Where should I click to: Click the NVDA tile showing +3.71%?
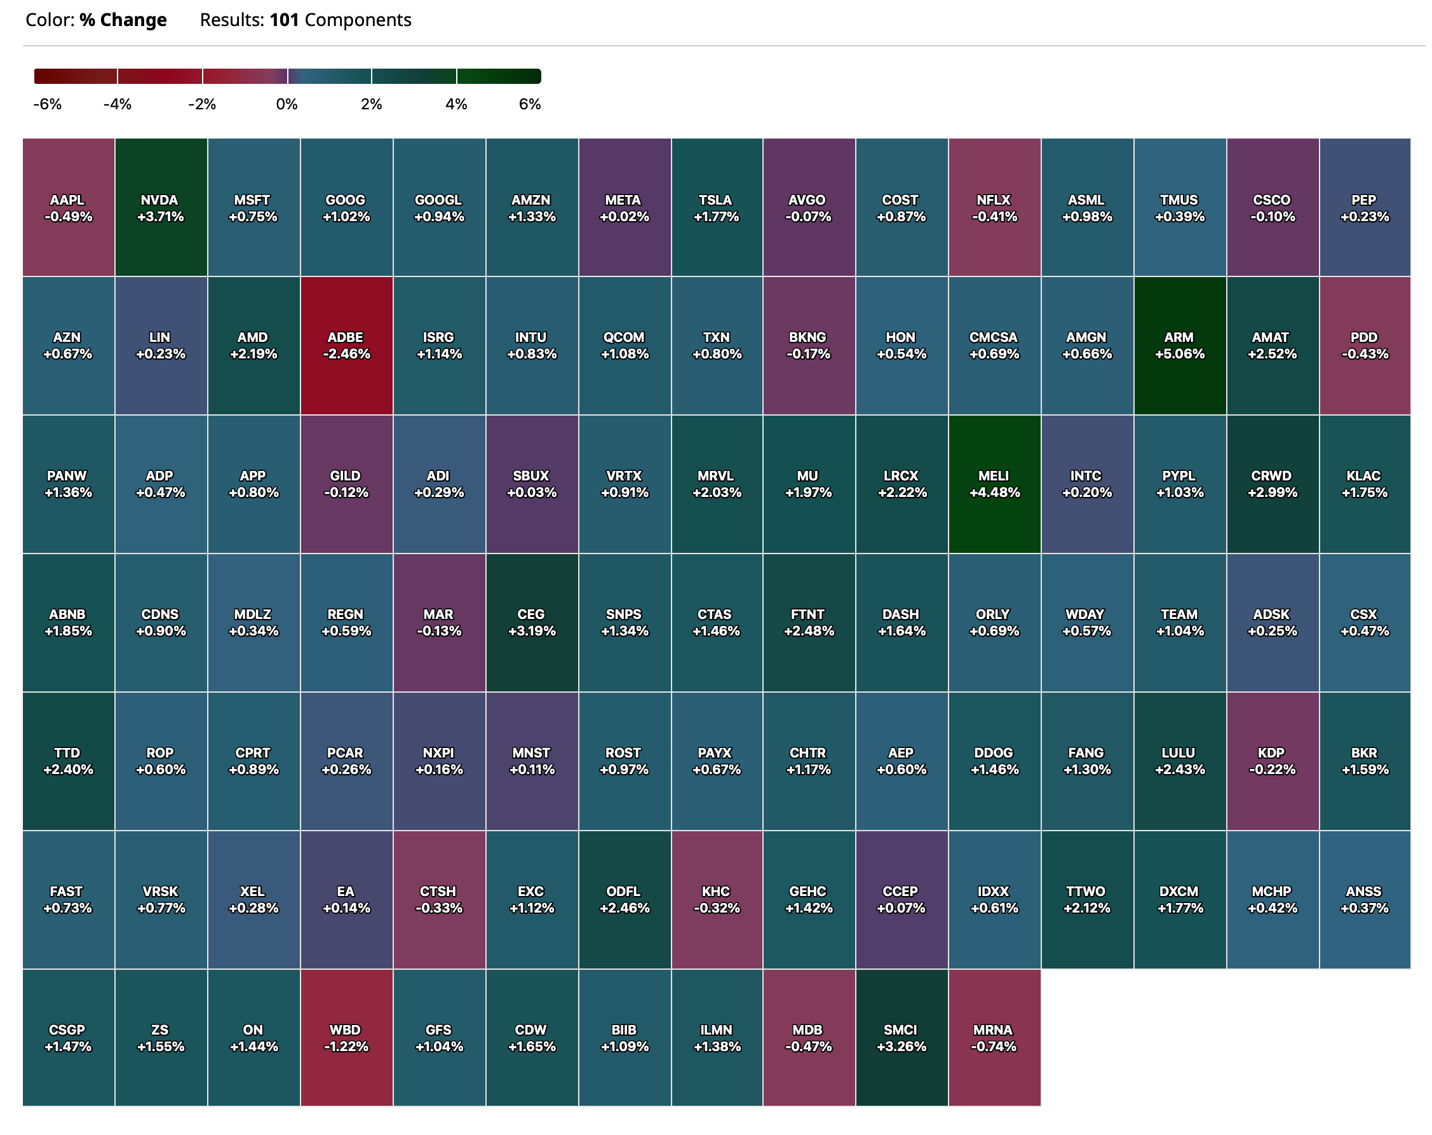[x=160, y=208]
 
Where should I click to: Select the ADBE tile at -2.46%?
[x=346, y=346]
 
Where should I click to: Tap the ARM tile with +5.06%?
[x=1179, y=346]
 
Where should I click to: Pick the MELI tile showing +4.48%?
[x=994, y=484]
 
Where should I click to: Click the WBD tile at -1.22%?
[x=346, y=1038]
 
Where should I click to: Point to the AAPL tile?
[x=68, y=208]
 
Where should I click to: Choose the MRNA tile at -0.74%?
[x=994, y=1038]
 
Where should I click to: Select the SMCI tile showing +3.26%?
[x=901, y=1038]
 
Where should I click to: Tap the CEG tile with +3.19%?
[x=531, y=623]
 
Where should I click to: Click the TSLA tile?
[x=716, y=208]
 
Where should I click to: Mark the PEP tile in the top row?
[x=1364, y=208]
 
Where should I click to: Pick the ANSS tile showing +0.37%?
[x=1364, y=900]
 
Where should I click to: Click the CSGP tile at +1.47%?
[x=68, y=1038]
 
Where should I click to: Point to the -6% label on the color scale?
[x=47, y=104]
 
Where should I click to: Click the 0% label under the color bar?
[x=287, y=104]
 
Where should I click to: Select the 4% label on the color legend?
[x=456, y=104]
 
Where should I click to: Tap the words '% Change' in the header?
[x=123, y=20]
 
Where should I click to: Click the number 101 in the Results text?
[x=284, y=20]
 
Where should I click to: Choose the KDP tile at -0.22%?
[x=1272, y=761]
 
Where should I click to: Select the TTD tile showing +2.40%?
[x=68, y=761]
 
